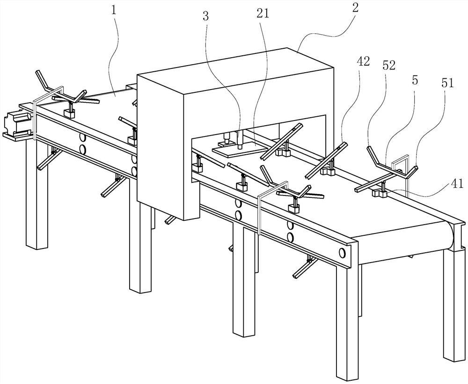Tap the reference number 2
tap(355, 8)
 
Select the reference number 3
tap(205, 16)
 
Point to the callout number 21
tap(263, 14)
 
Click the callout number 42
tap(363, 61)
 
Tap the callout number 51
tap(447, 83)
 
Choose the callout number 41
tap(457, 183)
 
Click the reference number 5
tap(415, 81)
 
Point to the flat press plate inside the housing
tap(239, 150)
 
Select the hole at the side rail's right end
tap(342, 253)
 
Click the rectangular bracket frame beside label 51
tap(400, 174)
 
